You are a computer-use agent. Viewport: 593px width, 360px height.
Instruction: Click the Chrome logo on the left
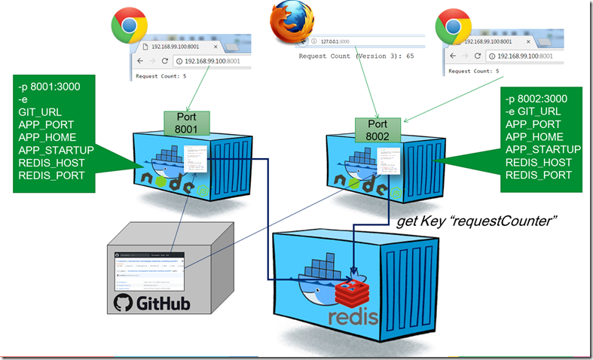[x=129, y=27]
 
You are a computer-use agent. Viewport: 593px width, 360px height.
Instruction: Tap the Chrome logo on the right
[x=454, y=26]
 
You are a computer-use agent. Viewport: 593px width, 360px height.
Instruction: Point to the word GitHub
[x=162, y=304]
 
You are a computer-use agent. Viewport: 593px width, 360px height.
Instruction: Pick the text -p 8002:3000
[x=536, y=99]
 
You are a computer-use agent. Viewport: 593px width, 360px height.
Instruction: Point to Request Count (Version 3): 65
[x=358, y=56]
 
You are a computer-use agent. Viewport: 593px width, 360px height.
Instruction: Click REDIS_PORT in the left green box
[x=50, y=176]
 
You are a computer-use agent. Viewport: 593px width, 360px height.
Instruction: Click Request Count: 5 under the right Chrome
[x=476, y=71]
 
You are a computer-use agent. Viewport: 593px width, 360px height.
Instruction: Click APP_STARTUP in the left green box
[x=54, y=150]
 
